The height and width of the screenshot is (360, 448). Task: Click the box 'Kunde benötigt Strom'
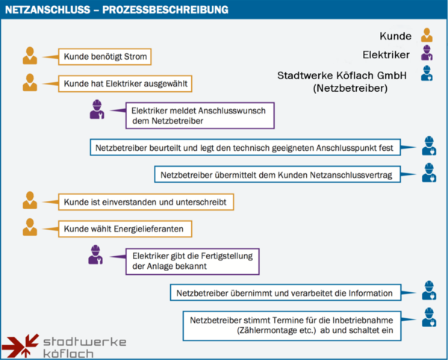coord(105,57)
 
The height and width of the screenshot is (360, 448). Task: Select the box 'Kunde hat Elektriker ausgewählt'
coord(125,84)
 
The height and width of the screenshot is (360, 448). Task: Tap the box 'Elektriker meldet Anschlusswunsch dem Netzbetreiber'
coord(200,116)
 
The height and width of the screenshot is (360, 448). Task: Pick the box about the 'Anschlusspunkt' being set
coord(245,147)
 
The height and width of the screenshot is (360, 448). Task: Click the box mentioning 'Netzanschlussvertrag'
coord(278,174)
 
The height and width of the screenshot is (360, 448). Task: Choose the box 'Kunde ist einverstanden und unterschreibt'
coord(146,202)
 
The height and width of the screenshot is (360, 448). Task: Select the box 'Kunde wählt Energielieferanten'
coord(125,229)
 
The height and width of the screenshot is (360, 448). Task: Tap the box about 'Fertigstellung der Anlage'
coord(193,261)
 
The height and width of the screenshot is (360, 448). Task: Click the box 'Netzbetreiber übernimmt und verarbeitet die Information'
coord(286,293)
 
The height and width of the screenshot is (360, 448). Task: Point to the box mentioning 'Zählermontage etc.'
coord(292,326)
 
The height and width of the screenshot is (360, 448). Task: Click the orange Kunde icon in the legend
coord(427,35)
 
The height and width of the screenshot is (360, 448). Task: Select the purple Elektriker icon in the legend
coord(427,52)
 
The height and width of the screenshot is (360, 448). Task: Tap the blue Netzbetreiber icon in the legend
coord(427,73)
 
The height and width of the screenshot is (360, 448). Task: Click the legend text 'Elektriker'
coord(386,55)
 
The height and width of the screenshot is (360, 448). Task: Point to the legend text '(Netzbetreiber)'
coord(350,88)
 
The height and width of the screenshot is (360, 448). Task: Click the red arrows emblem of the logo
coord(21,345)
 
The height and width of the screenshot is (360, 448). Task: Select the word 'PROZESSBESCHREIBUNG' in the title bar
coord(165,10)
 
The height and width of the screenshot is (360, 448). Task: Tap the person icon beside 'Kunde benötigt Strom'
coord(30,56)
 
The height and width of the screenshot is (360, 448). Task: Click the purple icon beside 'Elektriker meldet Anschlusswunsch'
coord(97,110)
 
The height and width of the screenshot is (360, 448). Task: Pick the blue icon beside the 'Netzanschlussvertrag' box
coord(429,173)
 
